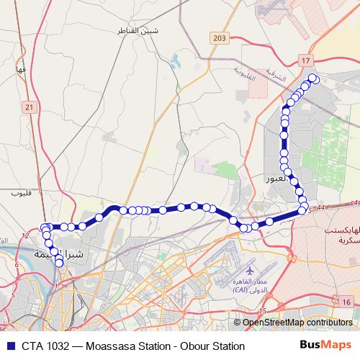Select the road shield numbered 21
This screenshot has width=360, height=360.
(29, 107)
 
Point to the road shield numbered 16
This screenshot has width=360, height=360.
(346, 302)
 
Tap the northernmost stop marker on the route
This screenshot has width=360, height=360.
(312, 78)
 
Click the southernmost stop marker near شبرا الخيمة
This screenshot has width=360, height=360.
(59, 264)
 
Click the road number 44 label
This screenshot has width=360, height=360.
(320, 207)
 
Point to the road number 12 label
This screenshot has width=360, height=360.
(25, 235)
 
